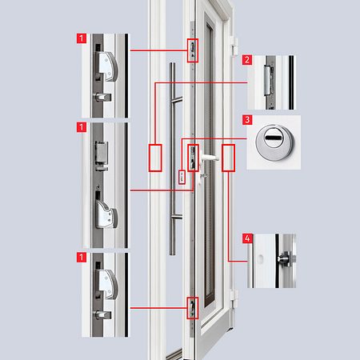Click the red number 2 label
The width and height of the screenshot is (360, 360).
(247, 60)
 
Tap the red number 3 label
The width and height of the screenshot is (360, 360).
(247, 120)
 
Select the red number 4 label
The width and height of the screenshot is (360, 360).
(247, 238)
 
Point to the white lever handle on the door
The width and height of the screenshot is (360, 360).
(210, 158)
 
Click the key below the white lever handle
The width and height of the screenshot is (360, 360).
(203, 175)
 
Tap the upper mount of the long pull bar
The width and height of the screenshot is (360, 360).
(177, 100)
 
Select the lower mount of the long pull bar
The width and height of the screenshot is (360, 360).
(177, 217)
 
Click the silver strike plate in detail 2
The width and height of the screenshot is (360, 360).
(267, 81)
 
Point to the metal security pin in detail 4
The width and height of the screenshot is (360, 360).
(285, 258)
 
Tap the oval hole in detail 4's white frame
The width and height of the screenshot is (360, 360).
(261, 258)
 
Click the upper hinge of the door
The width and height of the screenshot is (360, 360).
(234, 46)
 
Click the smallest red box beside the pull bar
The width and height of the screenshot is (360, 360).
(182, 177)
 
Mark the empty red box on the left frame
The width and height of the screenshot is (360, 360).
(155, 158)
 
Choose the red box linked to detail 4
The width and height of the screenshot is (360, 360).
(228, 158)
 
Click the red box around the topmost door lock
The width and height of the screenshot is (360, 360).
(193, 50)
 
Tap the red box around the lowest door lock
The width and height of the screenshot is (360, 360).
(193, 308)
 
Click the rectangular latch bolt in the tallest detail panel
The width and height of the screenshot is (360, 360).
(102, 153)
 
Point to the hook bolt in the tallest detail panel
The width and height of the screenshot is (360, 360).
(106, 214)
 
